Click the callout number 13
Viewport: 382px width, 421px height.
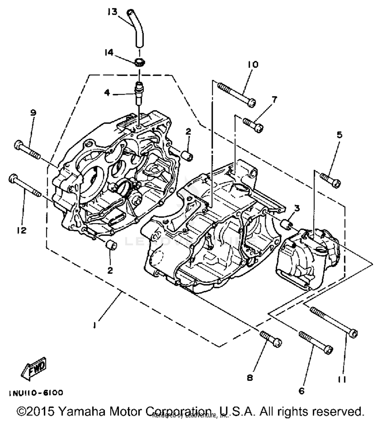coord(112,12)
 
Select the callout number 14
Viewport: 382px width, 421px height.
coord(108,53)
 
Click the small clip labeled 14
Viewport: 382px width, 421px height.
coord(139,62)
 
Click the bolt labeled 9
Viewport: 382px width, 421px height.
coord(27,151)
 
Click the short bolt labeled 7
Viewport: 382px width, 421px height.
coord(253,124)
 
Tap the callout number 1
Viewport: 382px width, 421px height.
coord(94,325)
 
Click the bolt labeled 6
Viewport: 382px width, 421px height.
coord(316,343)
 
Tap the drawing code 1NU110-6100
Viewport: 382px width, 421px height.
coord(36,393)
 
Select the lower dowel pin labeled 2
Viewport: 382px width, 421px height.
coord(111,246)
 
